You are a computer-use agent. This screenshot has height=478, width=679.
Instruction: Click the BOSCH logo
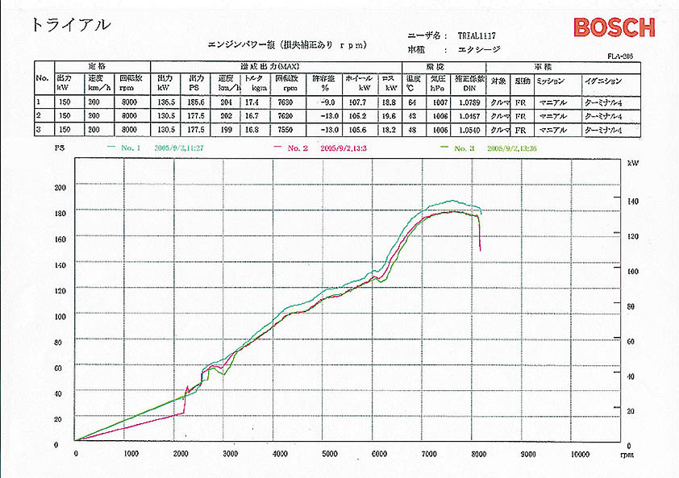tap(614, 27)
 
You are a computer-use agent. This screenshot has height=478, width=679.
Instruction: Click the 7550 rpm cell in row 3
tap(286, 130)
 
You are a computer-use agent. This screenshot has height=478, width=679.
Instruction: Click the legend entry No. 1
tap(130, 149)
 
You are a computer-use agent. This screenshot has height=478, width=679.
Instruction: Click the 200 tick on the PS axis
tap(59, 188)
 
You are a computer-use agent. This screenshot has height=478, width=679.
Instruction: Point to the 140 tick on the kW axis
tap(632, 201)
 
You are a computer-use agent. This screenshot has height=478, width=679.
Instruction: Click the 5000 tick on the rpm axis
tap(330, 454)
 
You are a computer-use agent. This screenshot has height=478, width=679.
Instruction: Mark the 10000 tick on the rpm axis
tap(580, 454)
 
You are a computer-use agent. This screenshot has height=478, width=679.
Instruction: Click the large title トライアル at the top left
tap(70, 24)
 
